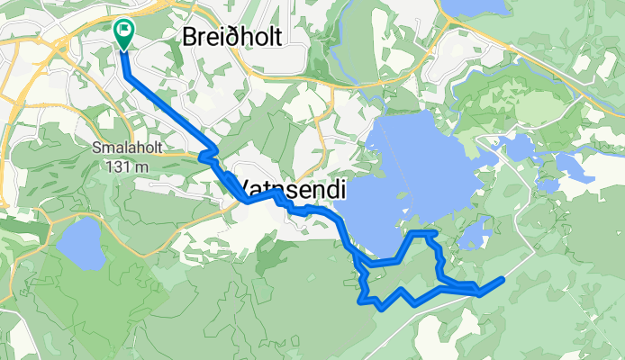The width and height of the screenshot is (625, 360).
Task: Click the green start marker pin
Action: (122, 33)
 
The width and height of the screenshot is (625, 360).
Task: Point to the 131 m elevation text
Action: (125, 166)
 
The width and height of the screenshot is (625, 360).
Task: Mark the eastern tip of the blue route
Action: (501, 280)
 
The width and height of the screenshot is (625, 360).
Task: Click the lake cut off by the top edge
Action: (473, 8)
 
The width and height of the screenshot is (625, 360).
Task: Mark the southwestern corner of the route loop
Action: (364, 300)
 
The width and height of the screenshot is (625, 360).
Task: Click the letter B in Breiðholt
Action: (190, 36)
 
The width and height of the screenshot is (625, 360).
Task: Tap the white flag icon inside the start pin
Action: (122, 29)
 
